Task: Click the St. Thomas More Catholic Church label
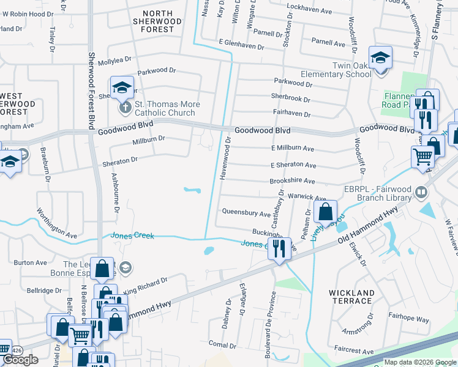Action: click(165, 108)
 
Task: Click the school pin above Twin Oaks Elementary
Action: click(380, 58)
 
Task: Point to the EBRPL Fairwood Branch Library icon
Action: click(421, 193)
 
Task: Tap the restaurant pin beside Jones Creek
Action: click(279, 248)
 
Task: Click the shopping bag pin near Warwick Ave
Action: click(326, 212)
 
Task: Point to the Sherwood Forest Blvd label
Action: click(92, 92)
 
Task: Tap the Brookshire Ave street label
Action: click(293, 182)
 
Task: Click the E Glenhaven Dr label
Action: click(241, 46)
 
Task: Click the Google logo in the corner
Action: click(20, 360)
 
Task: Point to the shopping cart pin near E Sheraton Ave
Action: click(422, 157)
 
